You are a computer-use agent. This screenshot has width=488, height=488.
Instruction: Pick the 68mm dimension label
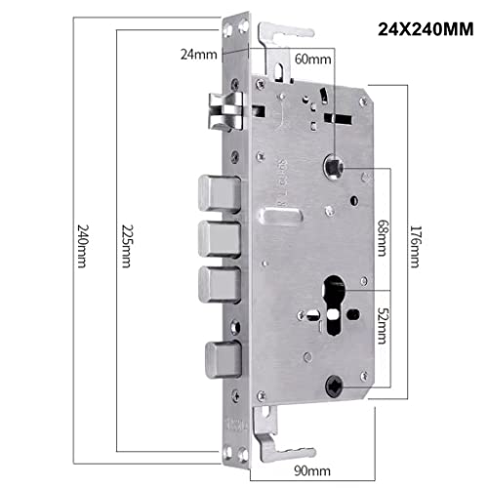tap(381, 234)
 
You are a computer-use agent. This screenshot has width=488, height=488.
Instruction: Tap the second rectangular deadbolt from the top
tap(220, 237)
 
